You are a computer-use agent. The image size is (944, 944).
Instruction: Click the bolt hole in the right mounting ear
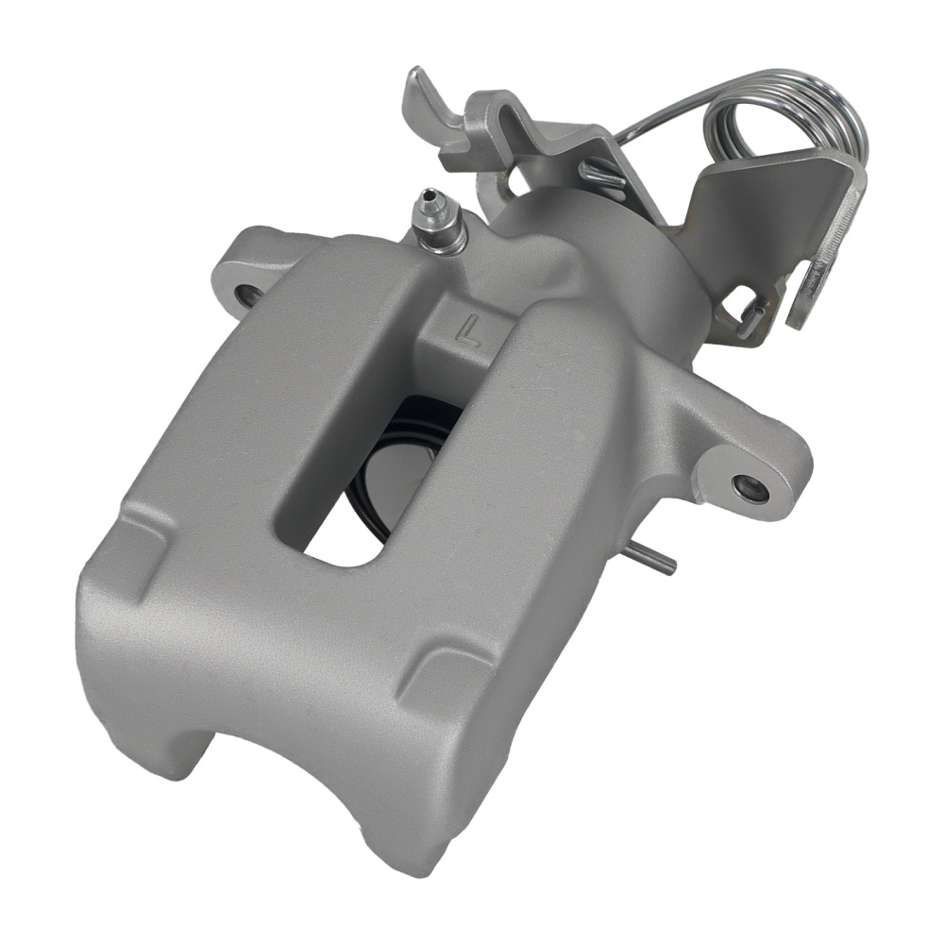[x=751, y=488]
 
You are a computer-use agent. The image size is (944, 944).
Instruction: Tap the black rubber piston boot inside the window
[x=378, y=453]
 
